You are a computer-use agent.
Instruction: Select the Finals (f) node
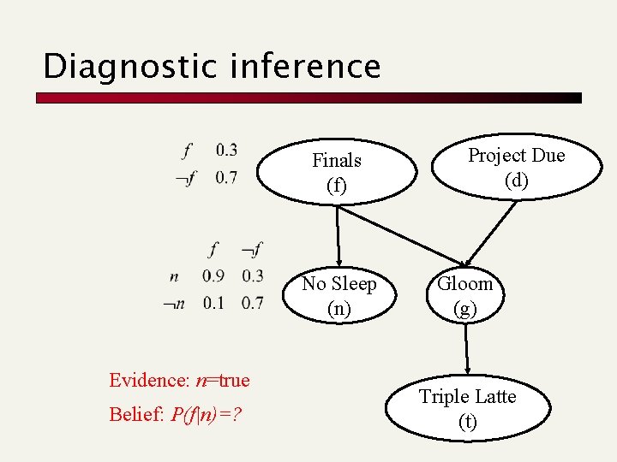pyautogui.click(x=337, y=172)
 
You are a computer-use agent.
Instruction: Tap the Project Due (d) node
pyautogui.click(x=516, y=168)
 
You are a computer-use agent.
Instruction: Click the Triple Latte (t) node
pyautogui.click(x=468, y=408)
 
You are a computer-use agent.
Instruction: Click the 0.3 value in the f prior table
pyautogui.click(x=227, y=151)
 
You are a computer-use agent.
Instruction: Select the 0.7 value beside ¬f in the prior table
pyautogui.click(x=227, y=178)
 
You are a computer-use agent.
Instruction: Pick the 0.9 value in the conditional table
pyautogui.click(x=214, y=275)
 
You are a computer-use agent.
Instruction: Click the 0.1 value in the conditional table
pyautogui.click(x=214, y=303)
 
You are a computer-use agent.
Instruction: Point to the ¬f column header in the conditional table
pyautogui.click(x=251, y=250)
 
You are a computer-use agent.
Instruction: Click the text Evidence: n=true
pyautogui.click(x=179, y=380)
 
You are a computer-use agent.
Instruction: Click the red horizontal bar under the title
pyautogui.click(x=308, y=98)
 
